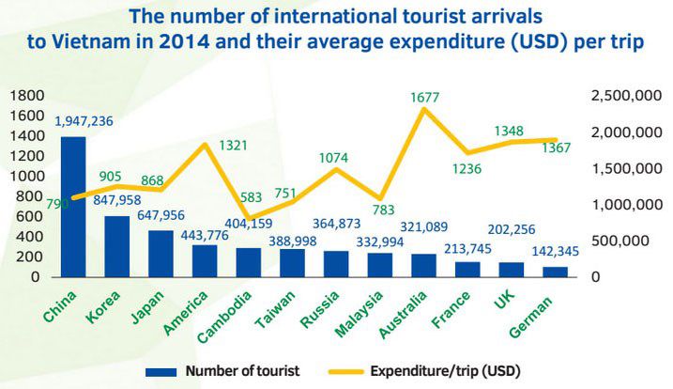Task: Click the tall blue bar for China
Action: click(x=73, y=207)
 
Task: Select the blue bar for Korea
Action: click(x=116, y=246)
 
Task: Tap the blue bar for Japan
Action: click(x=161, y=254)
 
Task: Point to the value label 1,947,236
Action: click(x=84, y=121)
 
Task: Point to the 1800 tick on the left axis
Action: click(x=25, y=96)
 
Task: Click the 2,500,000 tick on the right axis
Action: click(x=624, y=96)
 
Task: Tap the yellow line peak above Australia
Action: click(x=425, y=109)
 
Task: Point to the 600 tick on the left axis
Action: click(x=30, y=217)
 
